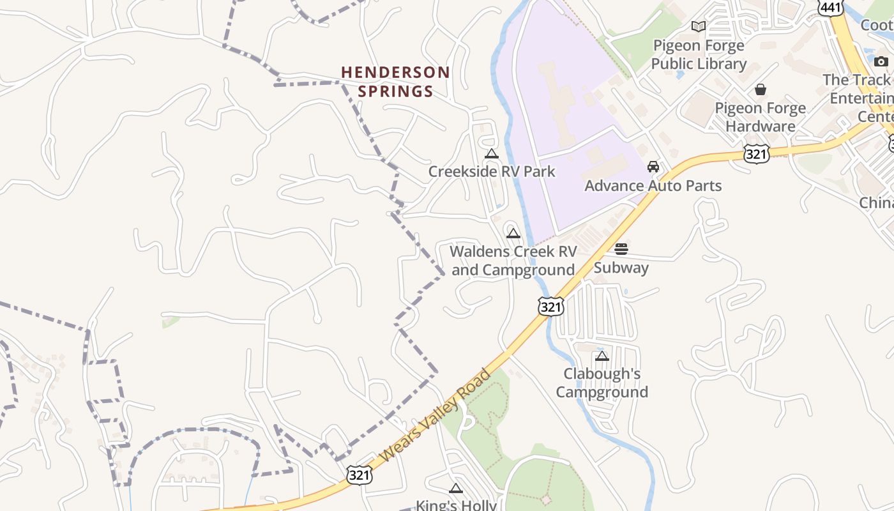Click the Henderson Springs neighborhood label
(395, 82)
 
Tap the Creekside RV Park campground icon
(491, 154)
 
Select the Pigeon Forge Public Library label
(699, 55)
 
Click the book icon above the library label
(699, 26)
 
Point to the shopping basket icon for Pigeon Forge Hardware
(760, 89)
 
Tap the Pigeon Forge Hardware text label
(760, 117)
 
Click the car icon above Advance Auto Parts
(653, 167)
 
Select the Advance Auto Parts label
(653, 186)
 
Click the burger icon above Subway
(621, 249)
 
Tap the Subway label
(621, 268)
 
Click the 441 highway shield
(831, 6)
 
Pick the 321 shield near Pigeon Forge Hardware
(756, 153)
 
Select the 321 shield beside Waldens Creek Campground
(550, 307)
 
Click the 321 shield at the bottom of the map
(360, 475)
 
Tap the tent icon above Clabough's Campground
(602, 356)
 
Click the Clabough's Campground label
(602, 383)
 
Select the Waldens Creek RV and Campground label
(513, 261)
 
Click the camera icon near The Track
(881, 61)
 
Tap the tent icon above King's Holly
(455, 489)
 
